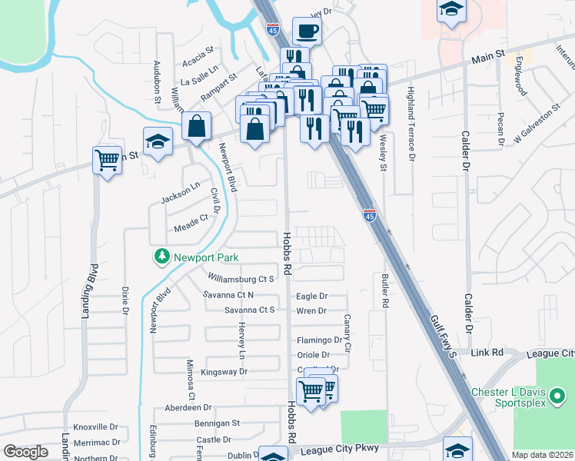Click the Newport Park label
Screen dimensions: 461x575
tap(205, 258)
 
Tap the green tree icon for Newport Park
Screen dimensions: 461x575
tap(161, 256)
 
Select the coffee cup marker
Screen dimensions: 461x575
tap(307, 32)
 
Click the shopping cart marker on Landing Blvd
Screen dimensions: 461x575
tap(107, 161)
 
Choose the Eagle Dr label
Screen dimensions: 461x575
tap(311, 296)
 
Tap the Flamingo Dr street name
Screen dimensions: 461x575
tap(320, 340)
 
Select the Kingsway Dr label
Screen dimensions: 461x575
tap(224, 372)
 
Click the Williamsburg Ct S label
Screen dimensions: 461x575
tap(241, 279)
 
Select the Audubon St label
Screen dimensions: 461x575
tap(156, 81)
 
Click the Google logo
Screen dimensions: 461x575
tap(25, 452)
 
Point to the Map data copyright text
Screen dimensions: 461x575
tap(542, 455)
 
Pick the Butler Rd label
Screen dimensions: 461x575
tap(381, 291)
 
